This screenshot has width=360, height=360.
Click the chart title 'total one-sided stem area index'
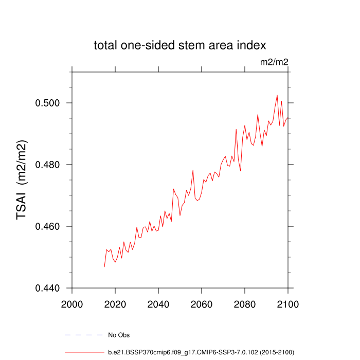pos(179,45)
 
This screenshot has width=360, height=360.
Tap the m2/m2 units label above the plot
pos(274,62)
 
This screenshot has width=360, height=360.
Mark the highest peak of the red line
pos(277,95)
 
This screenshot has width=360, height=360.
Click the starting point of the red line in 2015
pos(104,266)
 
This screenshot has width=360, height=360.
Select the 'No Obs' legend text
pos(119,335)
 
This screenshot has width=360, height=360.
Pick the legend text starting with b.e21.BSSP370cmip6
pos(201,352)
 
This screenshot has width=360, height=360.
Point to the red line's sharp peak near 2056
pos(193,170)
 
